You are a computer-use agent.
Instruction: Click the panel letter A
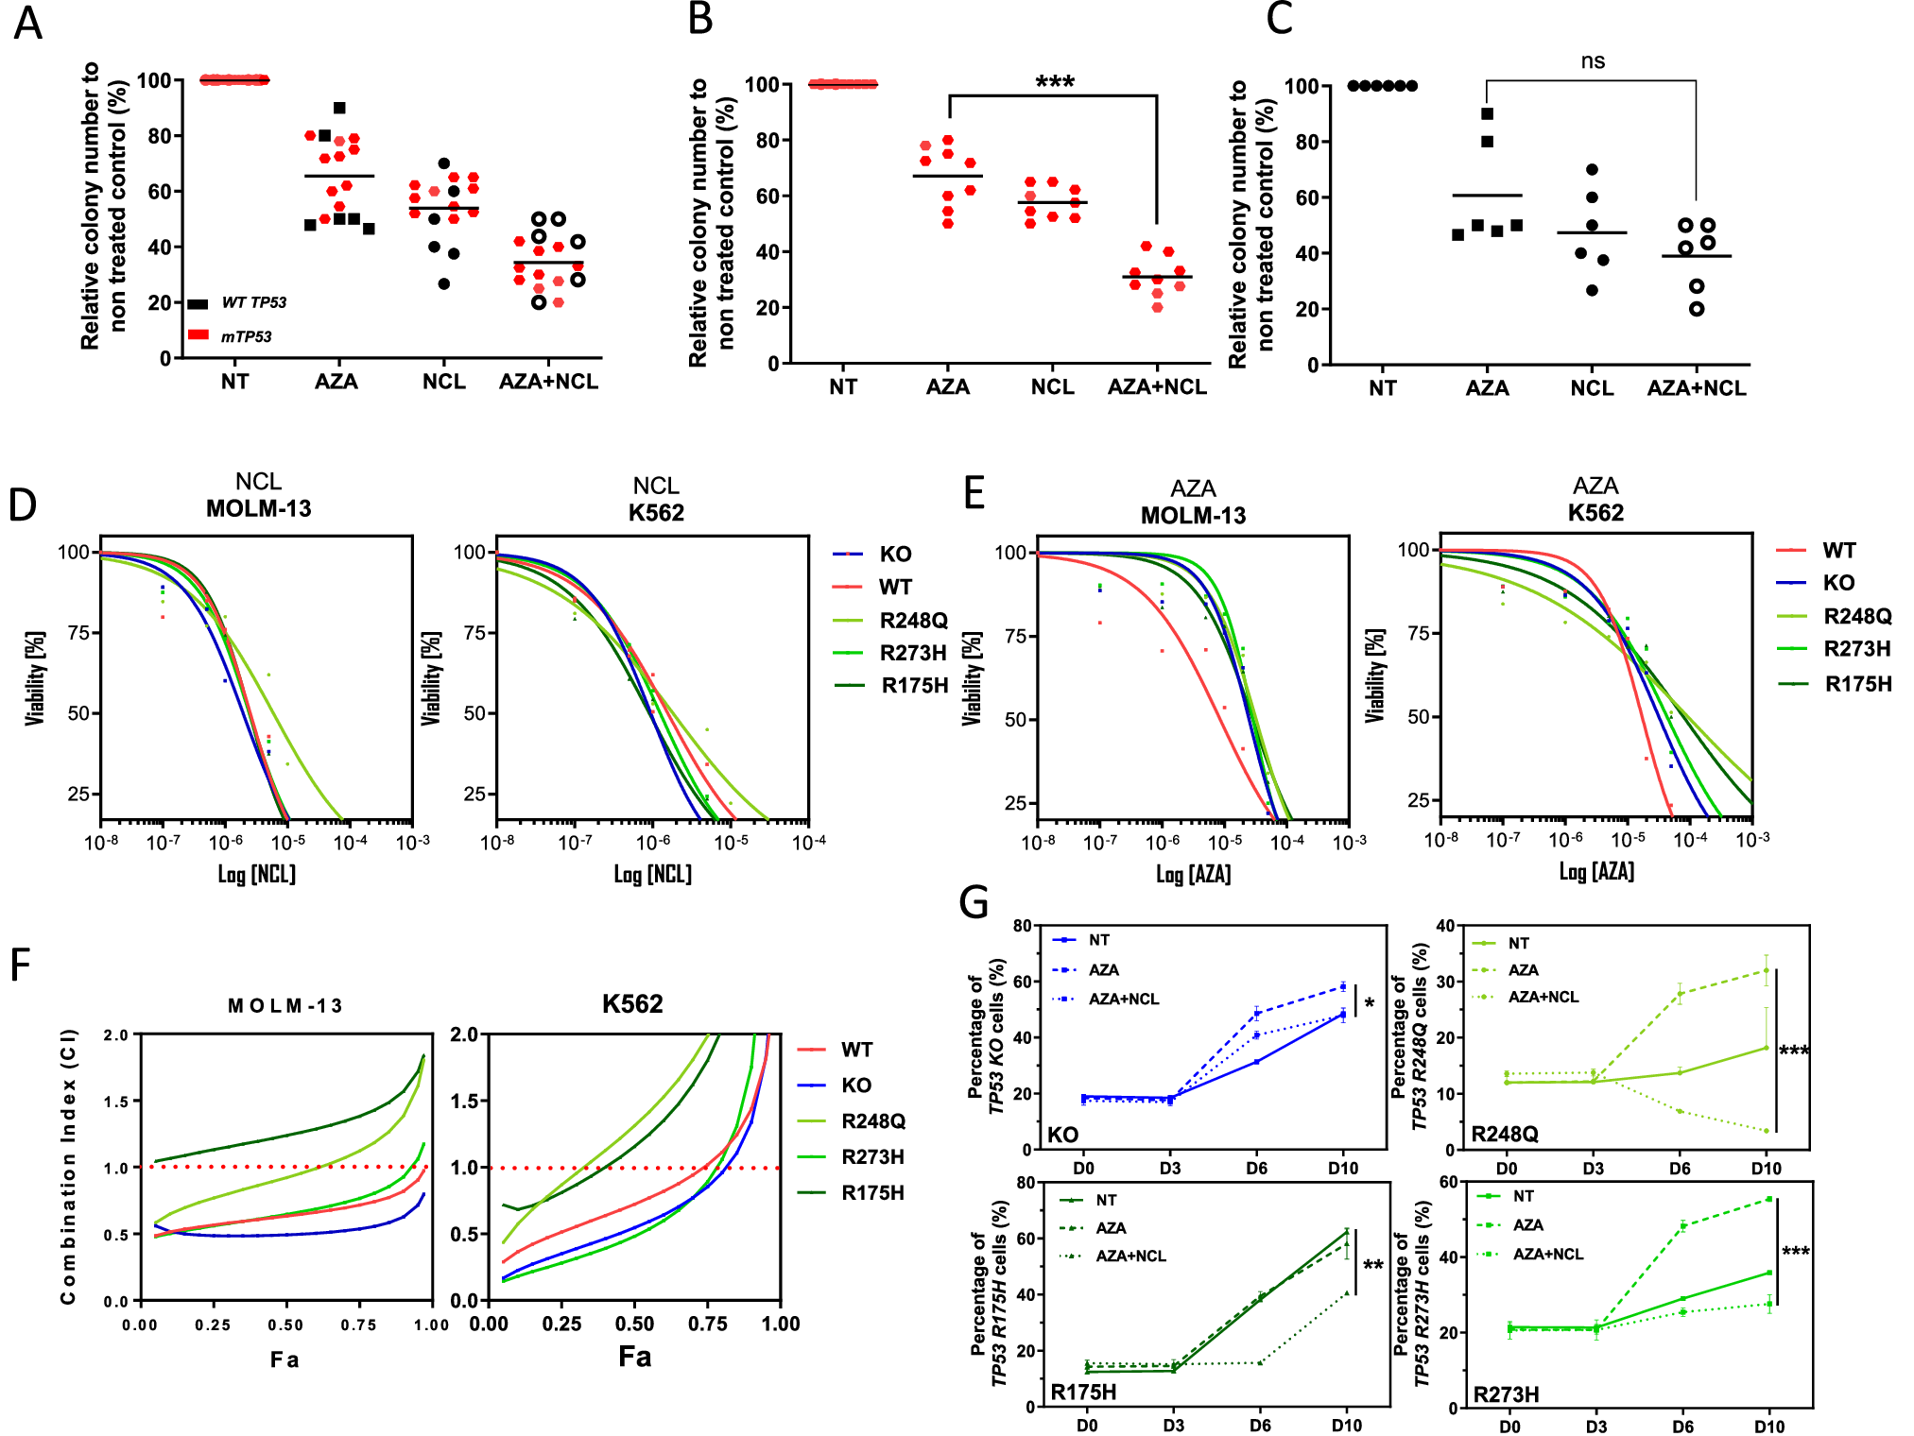coord(27,23)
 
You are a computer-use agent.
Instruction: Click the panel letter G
coord(974,902)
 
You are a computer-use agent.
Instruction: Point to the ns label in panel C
coord(1593,61)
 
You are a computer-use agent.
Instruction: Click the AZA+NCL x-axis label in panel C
coord(1697,388)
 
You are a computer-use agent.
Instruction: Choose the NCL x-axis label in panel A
coord(443,382)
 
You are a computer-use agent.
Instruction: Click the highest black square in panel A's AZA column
coord(340,108)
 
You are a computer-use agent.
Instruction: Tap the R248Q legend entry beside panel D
coord(912,620)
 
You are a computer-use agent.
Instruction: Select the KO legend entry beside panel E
coord(1838,583)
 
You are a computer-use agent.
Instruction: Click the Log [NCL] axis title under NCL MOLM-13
coord(257,874)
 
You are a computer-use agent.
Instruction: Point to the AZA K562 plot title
coord(1595,500)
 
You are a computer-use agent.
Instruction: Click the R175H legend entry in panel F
coord(871,1192)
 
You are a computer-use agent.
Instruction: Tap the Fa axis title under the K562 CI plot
coord(634,1357)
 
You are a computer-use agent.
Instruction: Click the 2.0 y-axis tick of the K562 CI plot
coord(463,1034)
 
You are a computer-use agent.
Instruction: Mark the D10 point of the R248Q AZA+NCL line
coord(1766,1131)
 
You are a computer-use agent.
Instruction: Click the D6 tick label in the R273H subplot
coord(1682,1426)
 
